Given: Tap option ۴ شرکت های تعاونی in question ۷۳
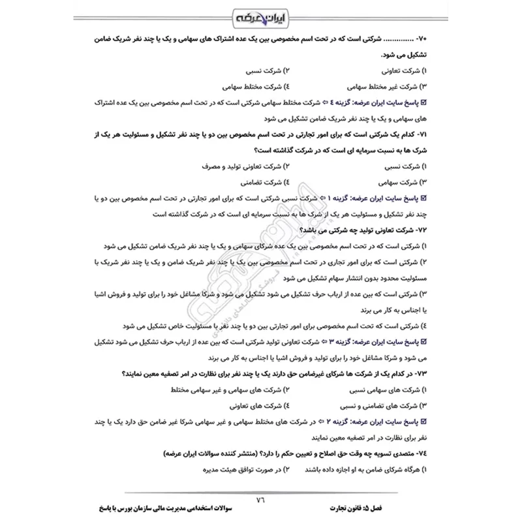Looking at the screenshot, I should pos(251,405).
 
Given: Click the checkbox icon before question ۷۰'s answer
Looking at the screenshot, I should pos(425,102).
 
